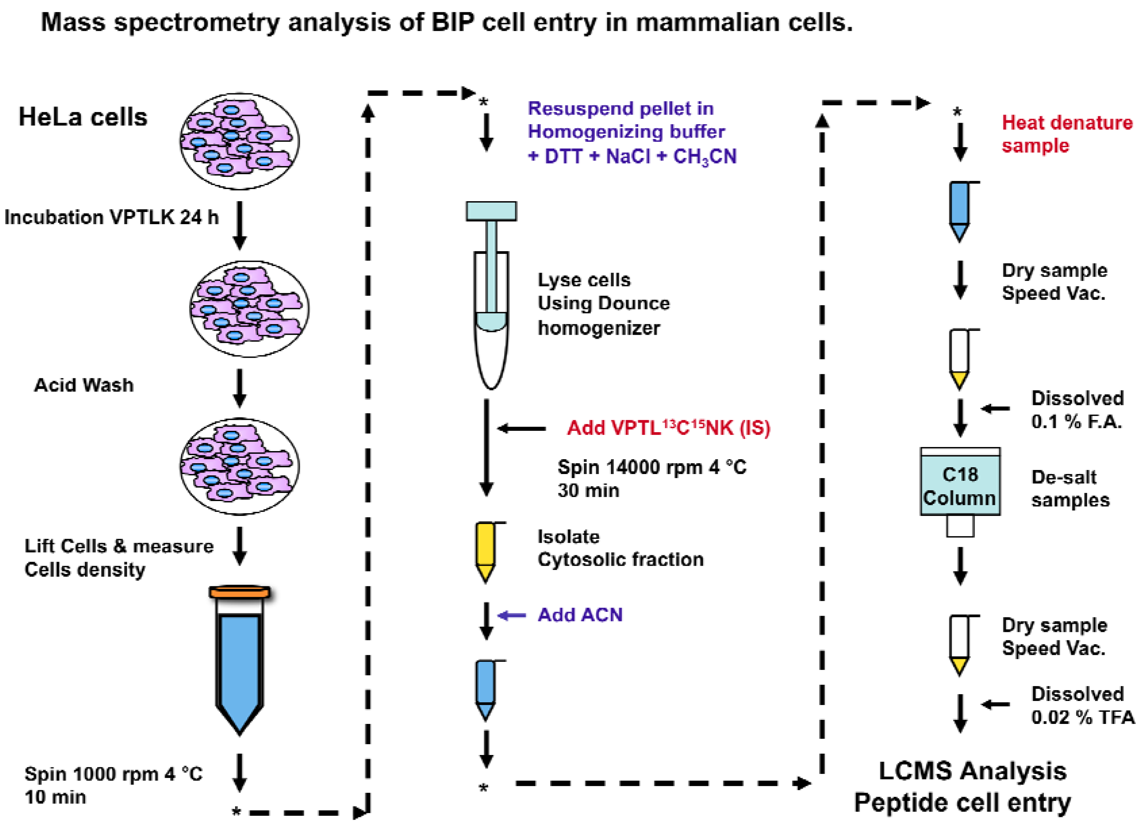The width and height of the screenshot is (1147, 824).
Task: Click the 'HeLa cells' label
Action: point(83,117)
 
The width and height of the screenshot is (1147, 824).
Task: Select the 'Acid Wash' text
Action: point(84,385)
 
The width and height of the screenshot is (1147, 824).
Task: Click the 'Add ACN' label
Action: point(580,615)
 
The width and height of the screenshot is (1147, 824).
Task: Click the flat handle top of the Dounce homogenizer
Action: point(491,211)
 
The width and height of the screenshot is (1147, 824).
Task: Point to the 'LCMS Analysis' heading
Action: point(972,771)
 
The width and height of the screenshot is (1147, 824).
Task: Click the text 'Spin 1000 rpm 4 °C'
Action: point(114,774)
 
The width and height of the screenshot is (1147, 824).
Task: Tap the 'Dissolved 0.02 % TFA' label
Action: point(1082,705)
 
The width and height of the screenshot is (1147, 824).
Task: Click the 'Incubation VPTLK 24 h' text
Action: point(111,217)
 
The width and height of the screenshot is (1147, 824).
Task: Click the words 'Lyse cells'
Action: point(584,280)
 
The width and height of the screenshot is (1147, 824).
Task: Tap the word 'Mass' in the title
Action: point(73,22)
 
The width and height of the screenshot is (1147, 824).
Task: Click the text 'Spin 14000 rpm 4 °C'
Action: point(651,467)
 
